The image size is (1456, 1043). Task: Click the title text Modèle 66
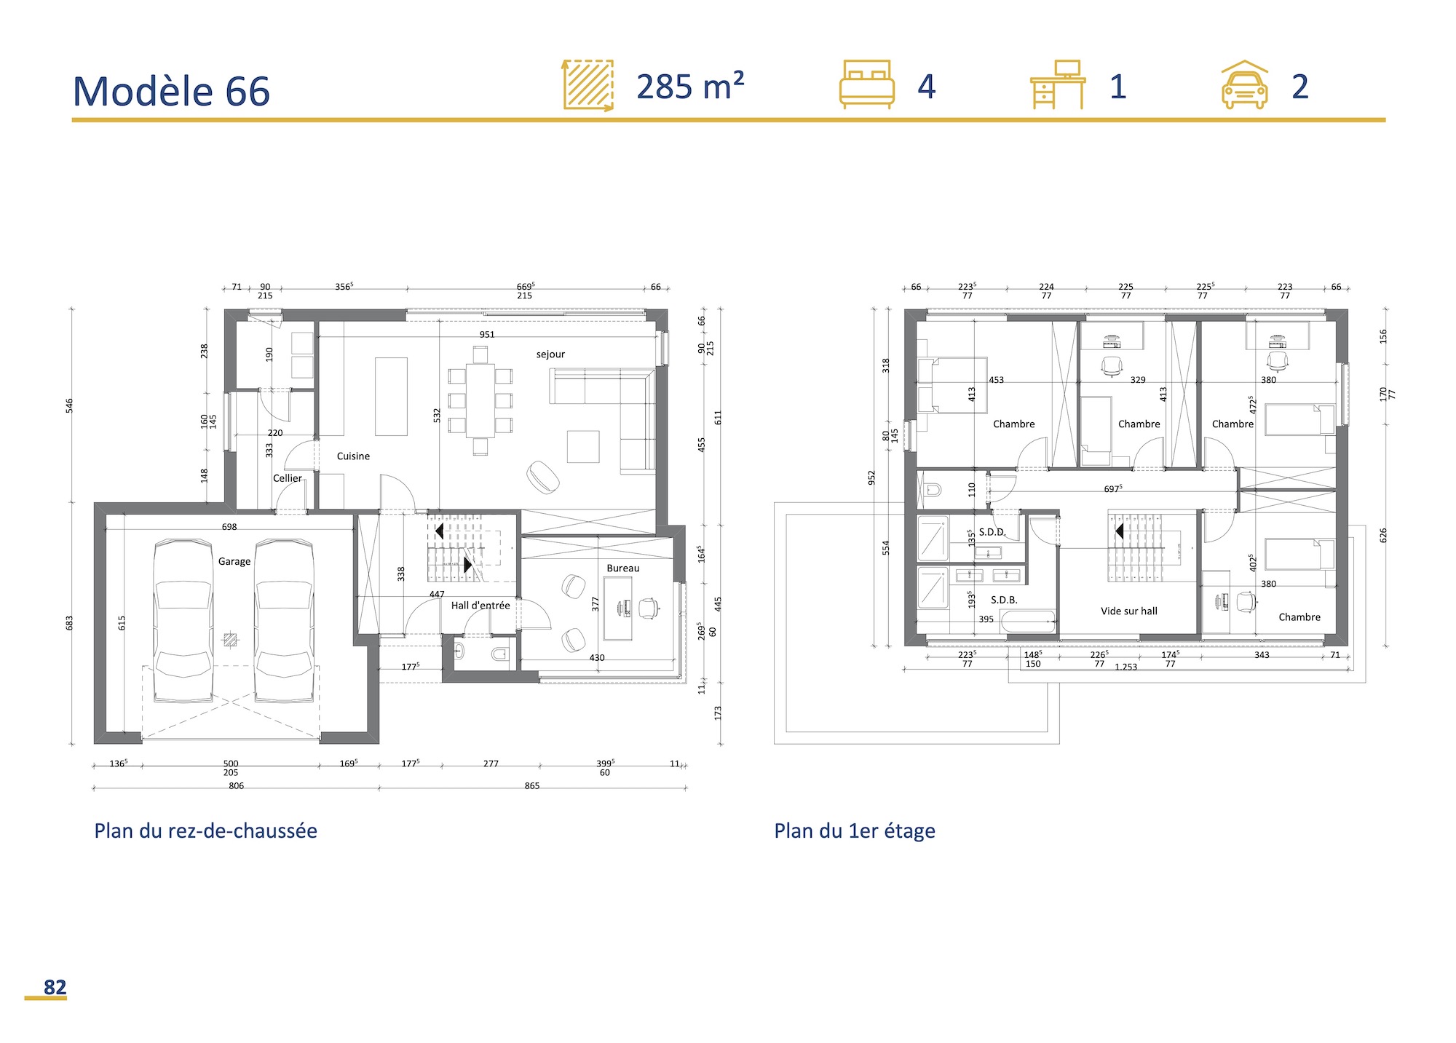click(171, 92)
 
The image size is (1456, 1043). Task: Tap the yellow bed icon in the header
click(866, 84)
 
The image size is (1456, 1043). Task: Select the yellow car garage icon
click(1244, 85)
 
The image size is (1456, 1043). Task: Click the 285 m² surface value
click(690, 87)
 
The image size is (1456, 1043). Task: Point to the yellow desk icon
click(1058, 84)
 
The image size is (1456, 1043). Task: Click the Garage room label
click(234, 561)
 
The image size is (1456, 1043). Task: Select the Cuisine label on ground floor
click(353, 456)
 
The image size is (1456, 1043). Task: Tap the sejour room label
click(550, 354)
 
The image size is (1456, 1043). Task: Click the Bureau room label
click(622, 568)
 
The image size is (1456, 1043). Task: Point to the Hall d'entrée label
click(480, 606)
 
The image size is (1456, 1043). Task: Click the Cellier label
click(287, 478)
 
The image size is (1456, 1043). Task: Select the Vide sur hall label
click(1128, 611)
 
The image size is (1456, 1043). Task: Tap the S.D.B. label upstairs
click(1004, 600)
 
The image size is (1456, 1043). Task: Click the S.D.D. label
click(992, 532)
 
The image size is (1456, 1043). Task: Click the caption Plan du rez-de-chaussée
click(205, 830)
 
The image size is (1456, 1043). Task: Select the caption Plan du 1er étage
click(854, 830)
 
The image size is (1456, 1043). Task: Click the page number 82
click(55, 987)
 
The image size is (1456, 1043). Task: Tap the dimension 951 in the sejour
click(486, 335)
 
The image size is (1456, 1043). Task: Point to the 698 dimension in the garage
click(229, 527)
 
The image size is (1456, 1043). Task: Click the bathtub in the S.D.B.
click(1027, 621)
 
